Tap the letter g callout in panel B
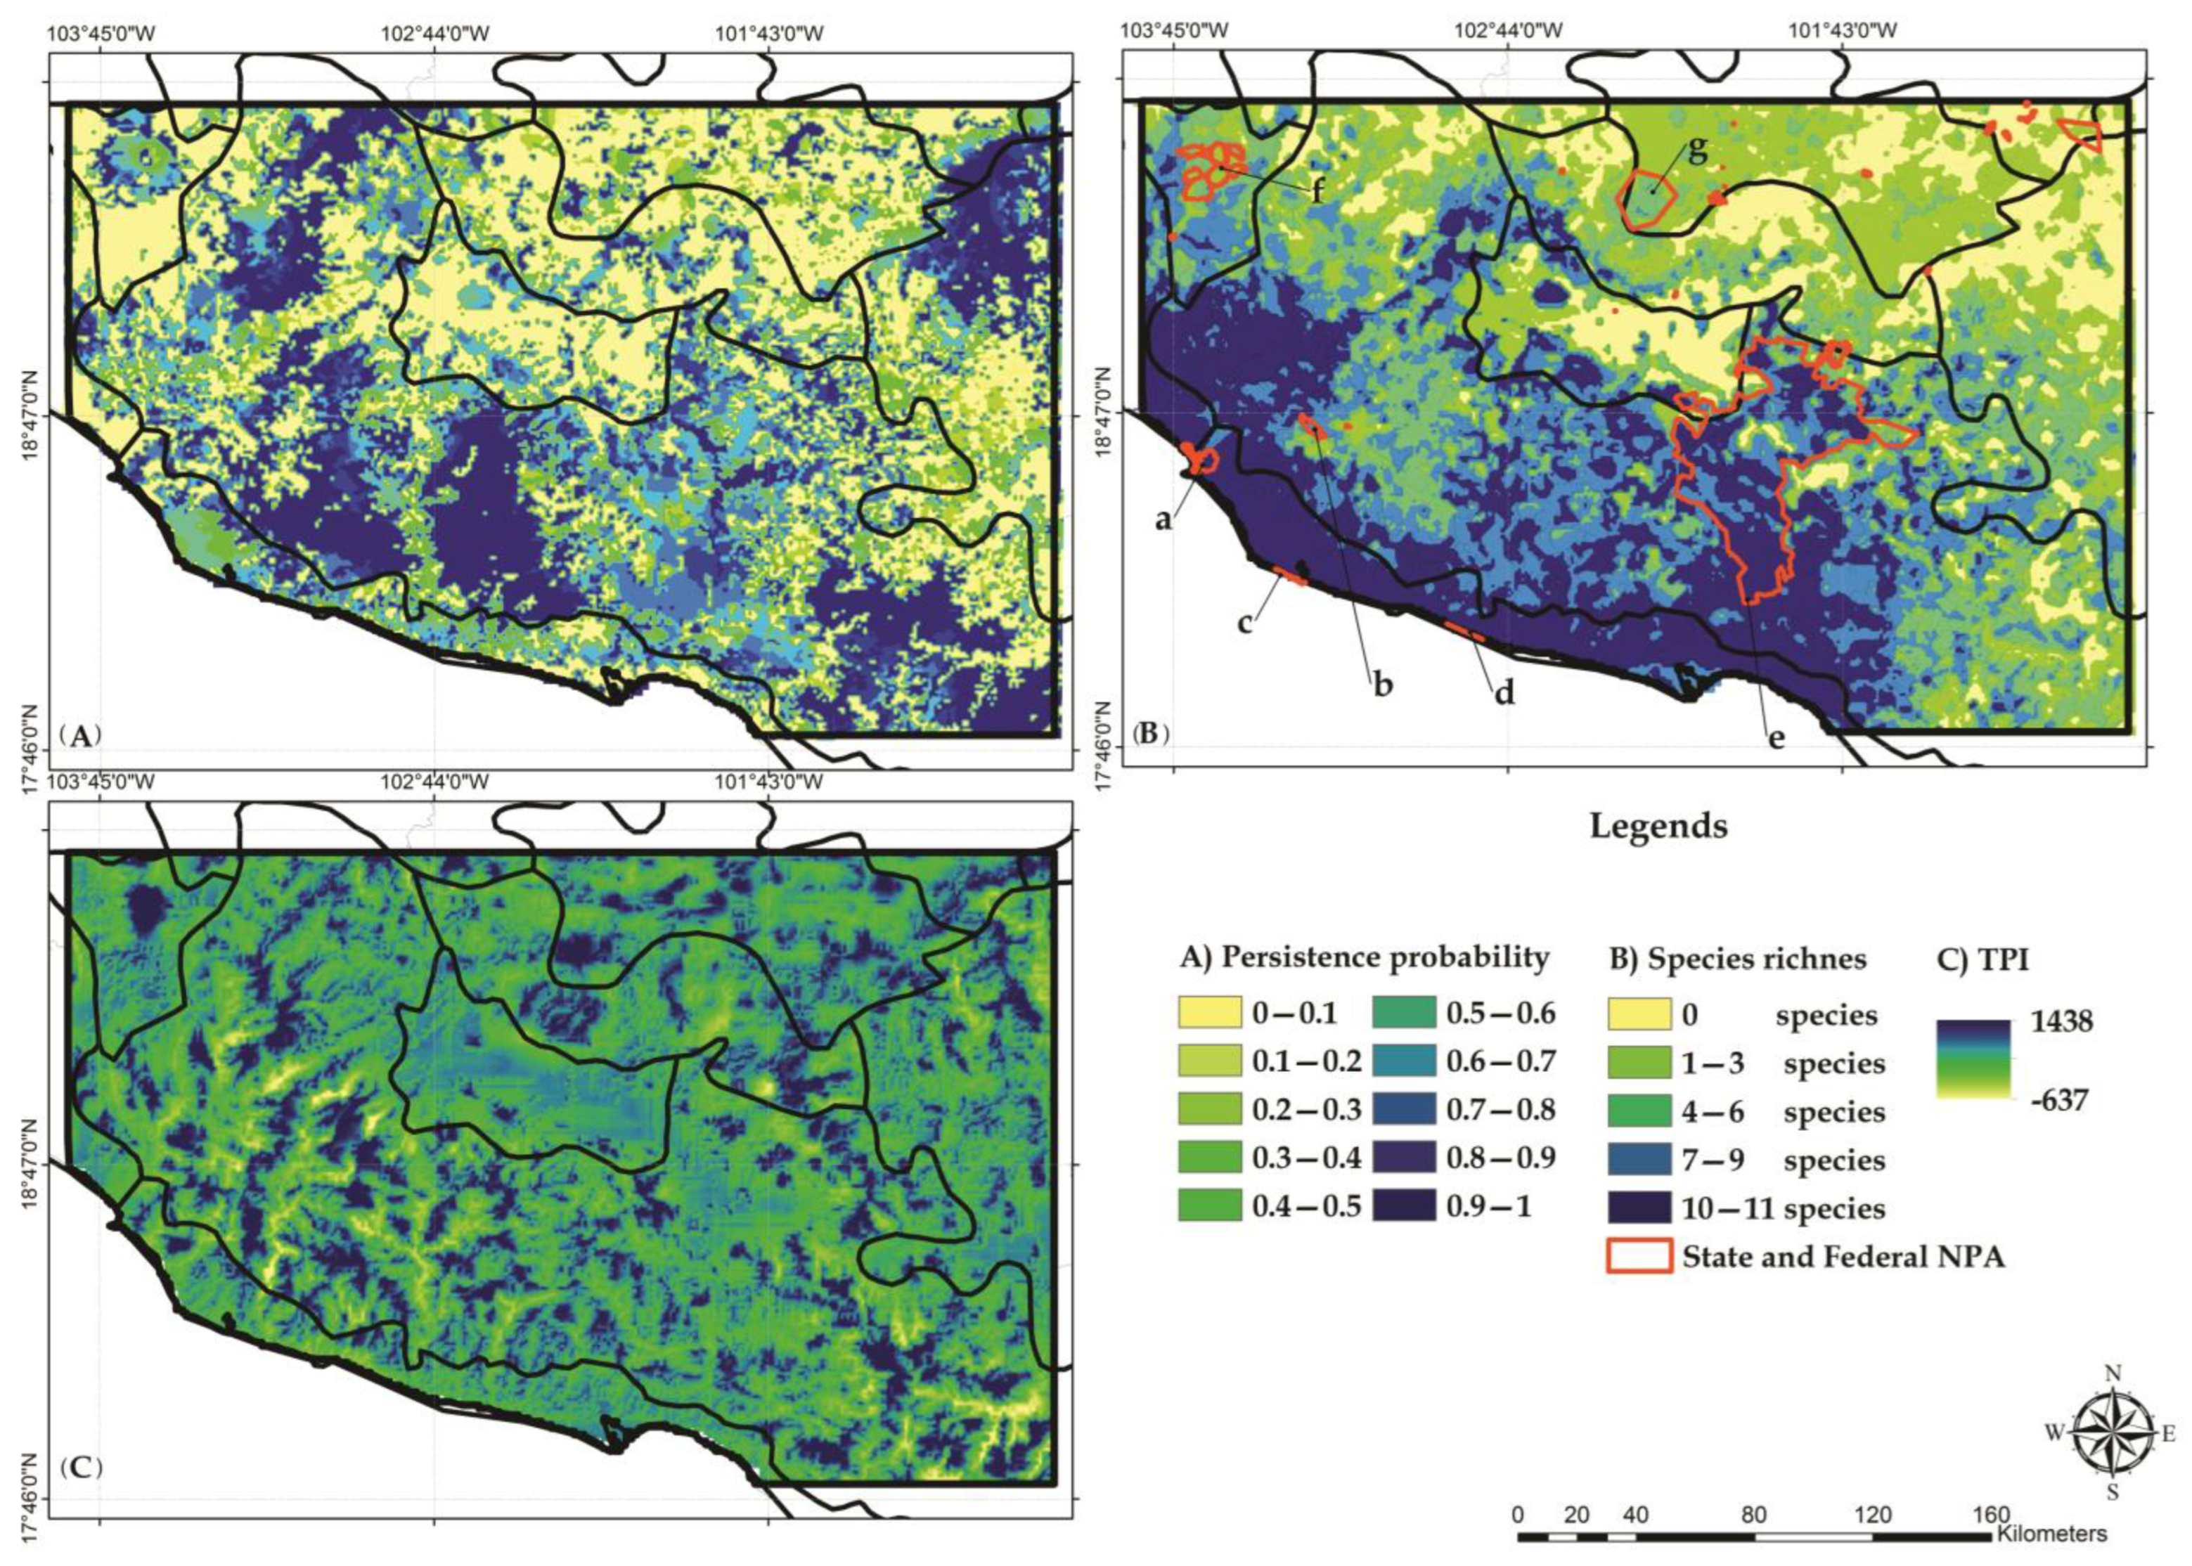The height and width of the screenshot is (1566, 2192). click(x=1697, y=150)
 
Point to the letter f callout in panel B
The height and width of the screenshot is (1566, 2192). click(x=1317, y=192)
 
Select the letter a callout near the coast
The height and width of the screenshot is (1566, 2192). click(x=1165, y=519)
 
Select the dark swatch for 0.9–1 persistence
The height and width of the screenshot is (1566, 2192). click(x=1403, y=1206)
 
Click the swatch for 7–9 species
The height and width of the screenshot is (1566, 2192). click(x=1639, y=1158)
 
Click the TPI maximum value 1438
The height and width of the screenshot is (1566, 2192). click(x=2060, y=1021)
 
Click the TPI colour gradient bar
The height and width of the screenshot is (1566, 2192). click(x=1972, y=1059)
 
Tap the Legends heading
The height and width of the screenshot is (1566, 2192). click(x=1658, y=827)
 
